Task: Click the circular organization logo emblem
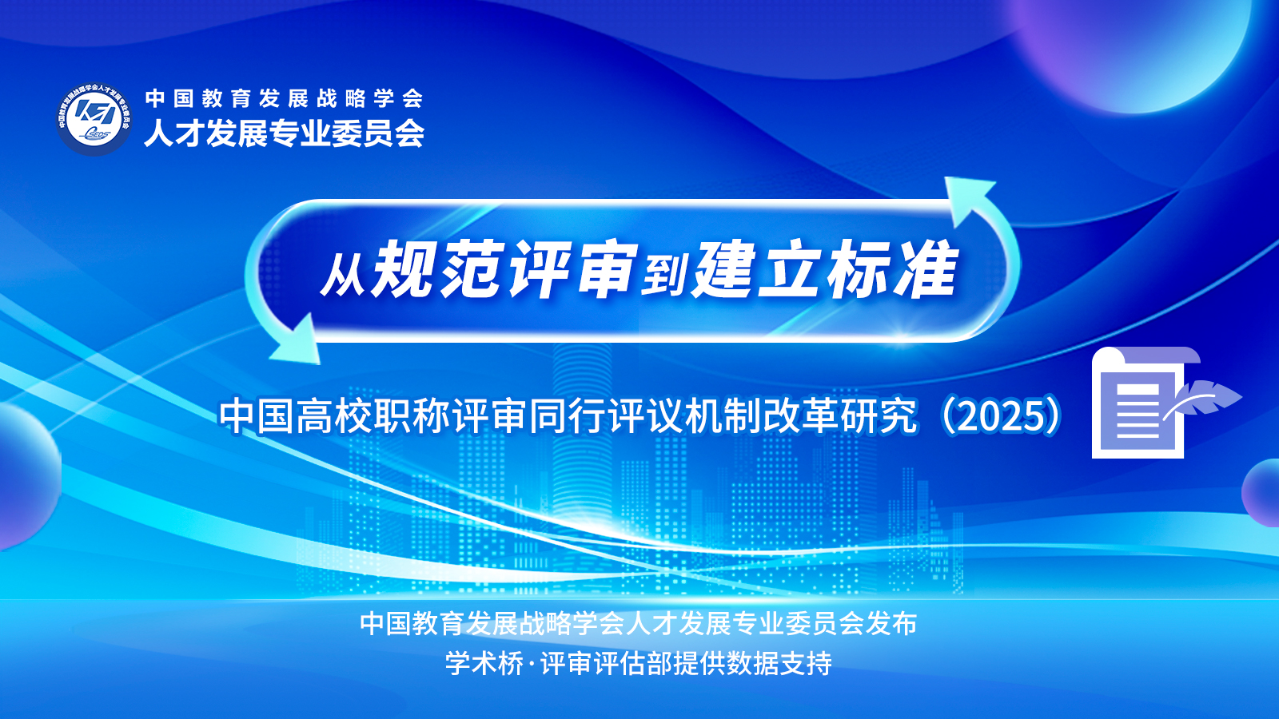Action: pyautogui.click(x=94, y=119)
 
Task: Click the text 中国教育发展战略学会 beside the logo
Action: pyautogui.click(x=284, y=98)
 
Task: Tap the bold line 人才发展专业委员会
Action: pyautogui.click(x=284, y=134)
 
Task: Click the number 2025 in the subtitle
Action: pyautogui.click(x=1003, y=416)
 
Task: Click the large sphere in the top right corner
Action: pyautogui.click(x=1134, y=49)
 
